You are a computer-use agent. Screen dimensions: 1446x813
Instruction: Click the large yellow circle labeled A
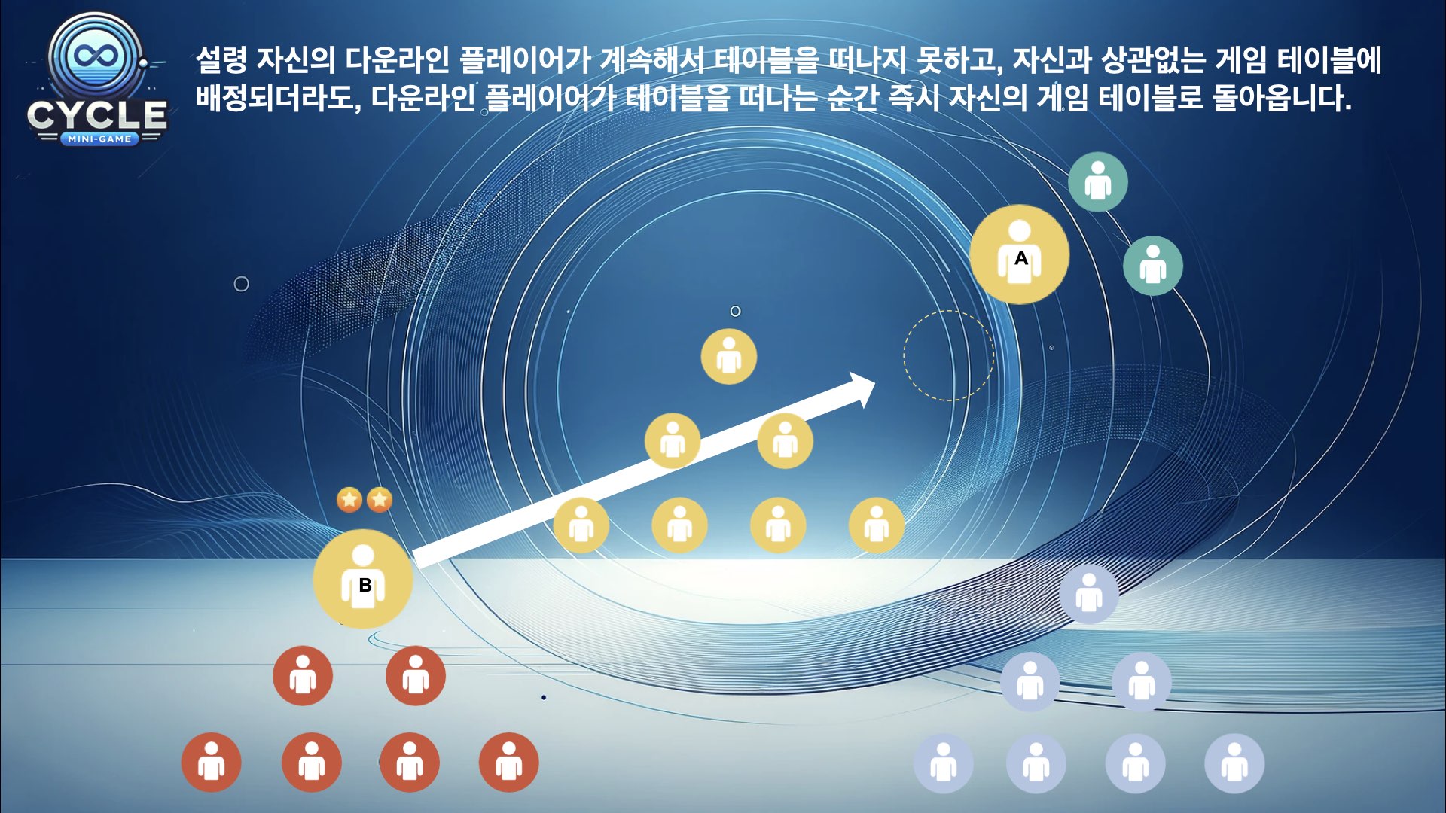(1019, 254)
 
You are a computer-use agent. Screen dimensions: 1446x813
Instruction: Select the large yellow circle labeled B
(363, 579)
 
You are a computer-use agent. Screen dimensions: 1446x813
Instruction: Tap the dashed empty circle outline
(949, 355)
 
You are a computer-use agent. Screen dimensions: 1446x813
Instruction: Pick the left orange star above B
(349, 499)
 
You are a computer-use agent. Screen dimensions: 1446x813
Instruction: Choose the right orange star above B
(380, 499)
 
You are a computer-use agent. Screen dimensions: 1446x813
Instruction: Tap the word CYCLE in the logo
(97, 115)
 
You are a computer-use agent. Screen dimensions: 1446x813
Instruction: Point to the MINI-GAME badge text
(99, 139)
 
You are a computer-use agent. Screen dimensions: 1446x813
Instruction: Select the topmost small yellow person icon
(729, 356)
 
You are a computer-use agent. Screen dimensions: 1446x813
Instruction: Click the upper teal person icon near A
(1098, 181)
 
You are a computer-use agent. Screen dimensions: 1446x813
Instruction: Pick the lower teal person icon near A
(1153, 266)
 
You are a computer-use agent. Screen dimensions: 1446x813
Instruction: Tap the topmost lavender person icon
(1089, 595)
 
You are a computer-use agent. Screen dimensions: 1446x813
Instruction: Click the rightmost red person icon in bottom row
(509, 763)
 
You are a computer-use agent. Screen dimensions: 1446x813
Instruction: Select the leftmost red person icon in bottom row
(212, 763)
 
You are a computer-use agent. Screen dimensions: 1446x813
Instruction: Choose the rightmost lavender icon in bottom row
(1234, 764)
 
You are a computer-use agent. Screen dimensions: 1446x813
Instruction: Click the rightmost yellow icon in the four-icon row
(877, 525)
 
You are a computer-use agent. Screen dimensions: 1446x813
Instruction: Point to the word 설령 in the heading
(221, 59)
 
